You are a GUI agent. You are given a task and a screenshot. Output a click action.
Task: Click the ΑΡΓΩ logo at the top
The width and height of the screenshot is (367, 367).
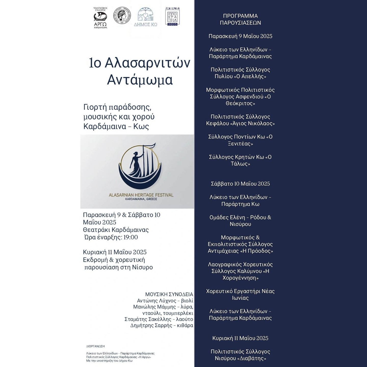click(x=100, y=18)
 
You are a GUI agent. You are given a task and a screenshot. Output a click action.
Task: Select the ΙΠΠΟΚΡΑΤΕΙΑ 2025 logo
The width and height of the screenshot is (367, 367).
click(x=173, y=17)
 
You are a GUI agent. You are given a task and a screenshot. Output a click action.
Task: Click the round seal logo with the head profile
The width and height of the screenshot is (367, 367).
click(x=122, y=16)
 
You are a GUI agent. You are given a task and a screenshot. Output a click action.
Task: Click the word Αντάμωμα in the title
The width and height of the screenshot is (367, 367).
click(x=140, y=80)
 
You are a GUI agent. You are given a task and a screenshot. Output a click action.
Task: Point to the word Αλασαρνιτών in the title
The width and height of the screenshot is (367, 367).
click(x=147, y=63)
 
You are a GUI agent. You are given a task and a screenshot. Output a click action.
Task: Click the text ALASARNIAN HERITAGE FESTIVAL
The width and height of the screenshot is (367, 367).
click(x=141, y=195)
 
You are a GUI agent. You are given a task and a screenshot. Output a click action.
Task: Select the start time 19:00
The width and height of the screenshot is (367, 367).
click(x=130, y=237)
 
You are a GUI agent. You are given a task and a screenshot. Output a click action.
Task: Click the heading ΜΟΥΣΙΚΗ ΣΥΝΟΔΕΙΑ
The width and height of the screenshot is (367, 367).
click(x=169, y=294)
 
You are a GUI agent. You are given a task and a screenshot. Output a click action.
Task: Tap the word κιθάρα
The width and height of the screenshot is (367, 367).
click(x=185, y=325)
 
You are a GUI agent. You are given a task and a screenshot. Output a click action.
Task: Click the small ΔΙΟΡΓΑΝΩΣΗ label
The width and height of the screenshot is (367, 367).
click(x=95, y=346)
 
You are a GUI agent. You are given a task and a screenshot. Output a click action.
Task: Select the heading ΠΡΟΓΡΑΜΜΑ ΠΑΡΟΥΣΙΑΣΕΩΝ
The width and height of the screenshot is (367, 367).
click(x=240, y=19)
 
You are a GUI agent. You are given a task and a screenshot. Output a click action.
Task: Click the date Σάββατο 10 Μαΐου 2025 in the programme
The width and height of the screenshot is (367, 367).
click(x=240, y=184)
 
